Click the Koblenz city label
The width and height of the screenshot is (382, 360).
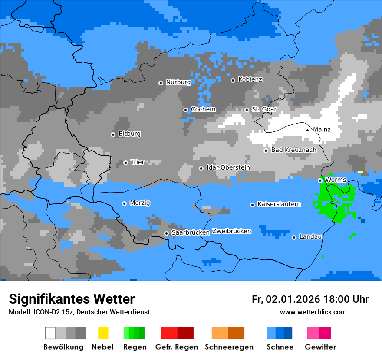(250, 80)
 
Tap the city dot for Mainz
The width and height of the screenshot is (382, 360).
(308, 130)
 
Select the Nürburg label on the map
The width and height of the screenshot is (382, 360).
(178, 82)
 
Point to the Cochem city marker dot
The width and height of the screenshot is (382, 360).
(185, 110)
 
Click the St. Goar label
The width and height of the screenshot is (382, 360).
(264, 109)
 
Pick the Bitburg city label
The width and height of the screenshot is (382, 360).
(129, 134)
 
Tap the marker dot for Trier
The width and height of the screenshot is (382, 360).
(125, 163)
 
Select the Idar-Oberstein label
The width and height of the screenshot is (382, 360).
(228, 168)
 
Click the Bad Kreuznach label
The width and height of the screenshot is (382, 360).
(293, 150)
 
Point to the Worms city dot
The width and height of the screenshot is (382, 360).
(320, 180)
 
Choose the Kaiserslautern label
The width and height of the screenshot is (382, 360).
(279, 204)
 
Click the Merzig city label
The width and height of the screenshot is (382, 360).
(140, 203)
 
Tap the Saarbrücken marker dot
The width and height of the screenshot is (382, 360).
(166, 233)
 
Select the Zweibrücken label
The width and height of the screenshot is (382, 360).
(231, 231)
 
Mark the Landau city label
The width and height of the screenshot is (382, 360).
(310, 237)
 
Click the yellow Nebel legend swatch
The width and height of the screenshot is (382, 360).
(103, 333)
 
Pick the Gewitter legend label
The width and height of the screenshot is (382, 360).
(320, 347)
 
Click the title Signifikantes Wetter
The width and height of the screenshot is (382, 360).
(72, 299)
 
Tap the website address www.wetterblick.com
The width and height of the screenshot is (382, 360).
(313, 312)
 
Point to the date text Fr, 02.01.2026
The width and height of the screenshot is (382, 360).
(286, 299)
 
